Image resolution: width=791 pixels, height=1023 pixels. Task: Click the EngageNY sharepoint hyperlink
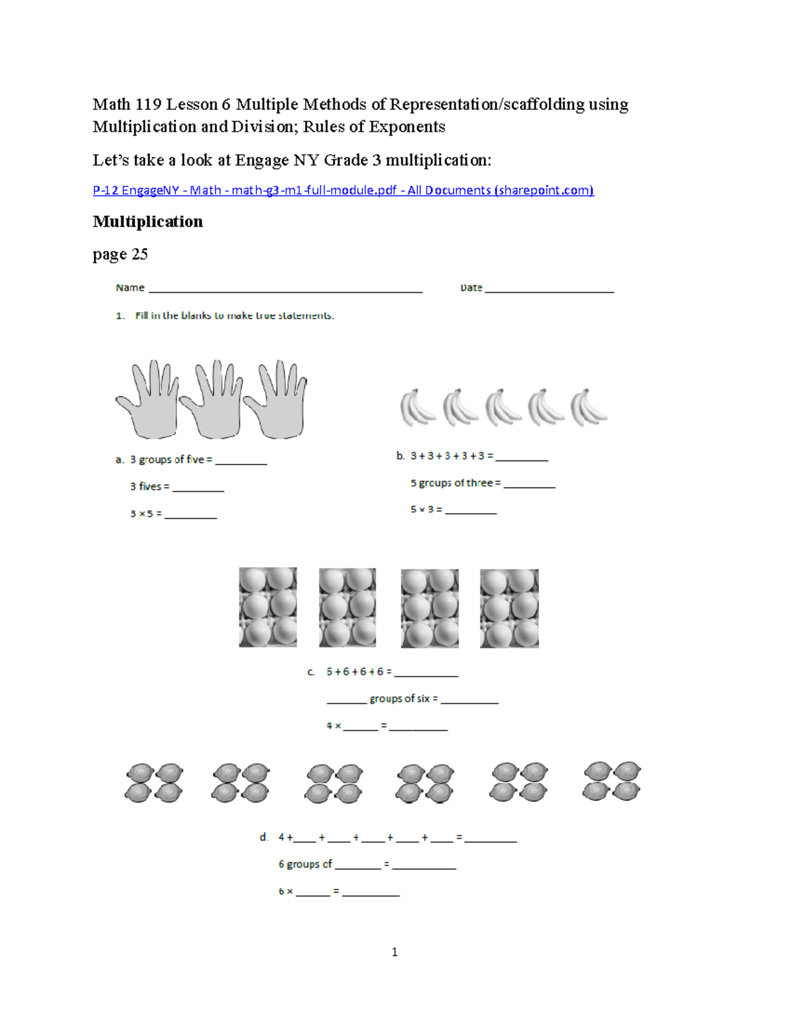(343, 190)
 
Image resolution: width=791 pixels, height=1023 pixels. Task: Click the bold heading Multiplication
(148, 221)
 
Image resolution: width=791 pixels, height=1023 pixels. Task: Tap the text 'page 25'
(120, 254)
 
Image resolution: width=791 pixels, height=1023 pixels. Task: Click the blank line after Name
(285, 289)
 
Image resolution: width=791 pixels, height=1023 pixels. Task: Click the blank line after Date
(549, 289)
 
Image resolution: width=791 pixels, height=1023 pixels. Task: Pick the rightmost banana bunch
(588, 407)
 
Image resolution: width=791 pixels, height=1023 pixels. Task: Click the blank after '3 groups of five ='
(241, 462)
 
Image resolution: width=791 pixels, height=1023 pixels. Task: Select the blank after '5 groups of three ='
(529, 485)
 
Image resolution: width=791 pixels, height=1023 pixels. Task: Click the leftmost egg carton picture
(268, 607)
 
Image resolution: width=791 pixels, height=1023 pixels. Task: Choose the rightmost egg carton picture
(509, 609)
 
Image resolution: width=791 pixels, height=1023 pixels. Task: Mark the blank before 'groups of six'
(347, 701)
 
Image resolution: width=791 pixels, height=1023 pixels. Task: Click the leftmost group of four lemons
(154, 783)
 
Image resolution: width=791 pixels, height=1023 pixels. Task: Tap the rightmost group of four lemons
(612, 781)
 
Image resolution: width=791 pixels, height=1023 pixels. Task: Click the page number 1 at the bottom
(394, 952)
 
